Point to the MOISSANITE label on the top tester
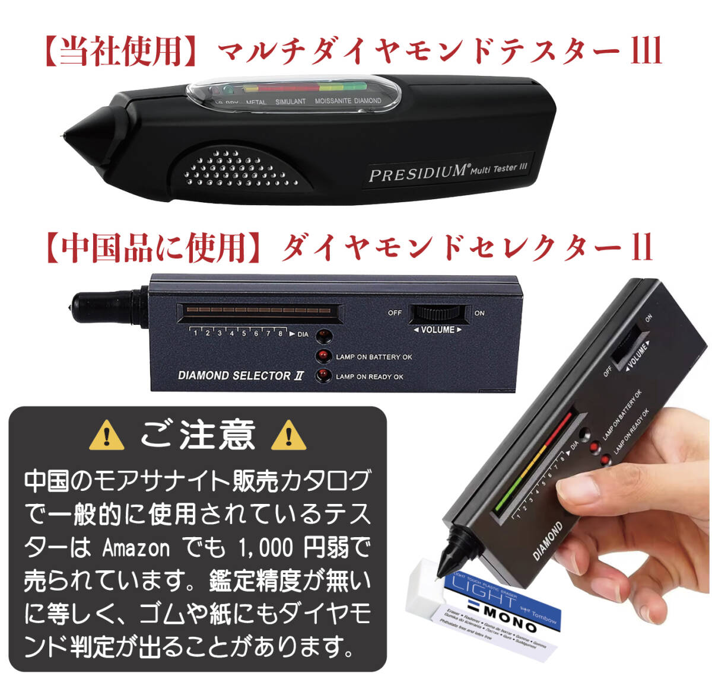333,101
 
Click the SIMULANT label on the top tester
290,102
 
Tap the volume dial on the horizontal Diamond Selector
438,314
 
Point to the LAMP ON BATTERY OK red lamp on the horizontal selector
323,356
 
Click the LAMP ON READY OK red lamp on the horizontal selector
323,376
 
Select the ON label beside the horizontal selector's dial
479,313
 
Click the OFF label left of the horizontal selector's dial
395,313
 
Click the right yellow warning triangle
288,436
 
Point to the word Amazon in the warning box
136,548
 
